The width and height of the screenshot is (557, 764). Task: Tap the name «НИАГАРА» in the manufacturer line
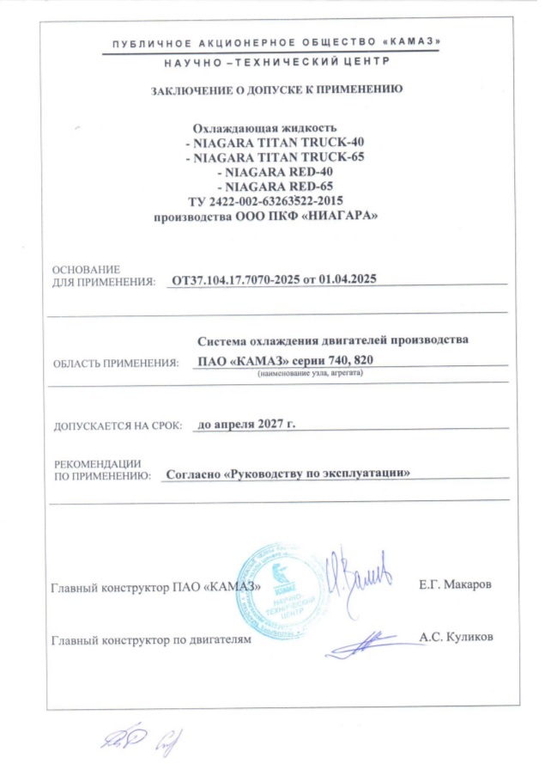click(336, 216)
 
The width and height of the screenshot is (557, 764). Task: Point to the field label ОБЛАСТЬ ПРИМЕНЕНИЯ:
click(116, 364)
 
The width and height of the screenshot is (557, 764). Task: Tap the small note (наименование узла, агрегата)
click(311, 375)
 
